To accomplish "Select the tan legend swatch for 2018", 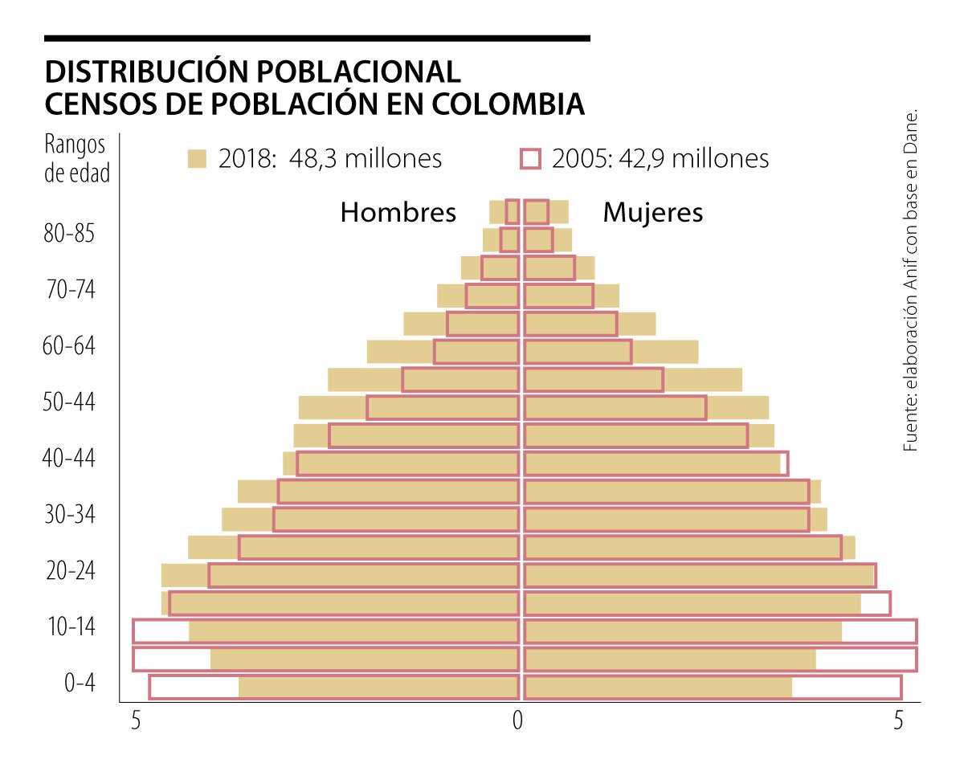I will (x=197, y=159).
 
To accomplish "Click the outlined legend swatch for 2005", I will (x=530, y=159).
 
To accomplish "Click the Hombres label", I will (x=398, y=213).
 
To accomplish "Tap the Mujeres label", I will (x=652, y=213).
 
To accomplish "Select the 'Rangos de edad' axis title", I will (x=76, y=159).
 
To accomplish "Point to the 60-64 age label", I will (x=68, y=347).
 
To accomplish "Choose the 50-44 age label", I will (x=68, y=402).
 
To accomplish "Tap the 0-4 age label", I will (x=80, y=683).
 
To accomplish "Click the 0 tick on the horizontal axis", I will (x=518, y=721).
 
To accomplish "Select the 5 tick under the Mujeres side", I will (x=900, y=721).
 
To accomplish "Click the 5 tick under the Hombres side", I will (x=137, y=721).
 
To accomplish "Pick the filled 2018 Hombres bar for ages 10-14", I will (x=353, y=631).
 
